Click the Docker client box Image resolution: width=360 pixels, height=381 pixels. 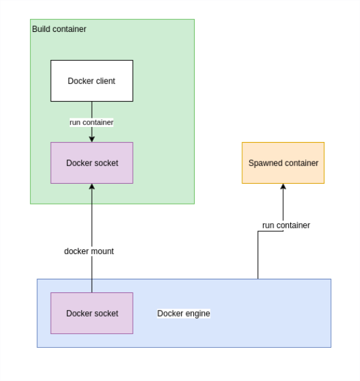tap(92, 81)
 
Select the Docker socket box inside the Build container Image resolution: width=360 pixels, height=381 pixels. tap(92, 163)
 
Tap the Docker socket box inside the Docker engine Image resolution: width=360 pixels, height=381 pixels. tap(92, 313)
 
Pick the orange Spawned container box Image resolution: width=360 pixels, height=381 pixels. tap(283, 163)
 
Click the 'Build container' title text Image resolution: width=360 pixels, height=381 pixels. tap(59, 29)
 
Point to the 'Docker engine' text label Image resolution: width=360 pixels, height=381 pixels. tap(184, 313)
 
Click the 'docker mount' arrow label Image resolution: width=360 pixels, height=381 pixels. tap(89, 251)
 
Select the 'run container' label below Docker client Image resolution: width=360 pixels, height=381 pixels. tap(92, 122)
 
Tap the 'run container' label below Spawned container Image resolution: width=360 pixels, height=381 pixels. tap(286, 225)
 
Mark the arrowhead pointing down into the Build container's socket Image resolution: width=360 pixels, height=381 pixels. tap(92, 138)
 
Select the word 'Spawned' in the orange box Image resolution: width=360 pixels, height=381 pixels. tap(263, 163)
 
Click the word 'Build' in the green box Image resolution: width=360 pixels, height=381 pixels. tap(42, 29)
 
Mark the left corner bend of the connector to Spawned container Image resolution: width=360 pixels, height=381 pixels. tap(258, 231)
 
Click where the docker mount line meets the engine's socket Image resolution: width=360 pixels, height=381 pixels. tap(92, 292)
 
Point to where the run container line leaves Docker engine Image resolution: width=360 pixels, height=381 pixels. tap(258, 279)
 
